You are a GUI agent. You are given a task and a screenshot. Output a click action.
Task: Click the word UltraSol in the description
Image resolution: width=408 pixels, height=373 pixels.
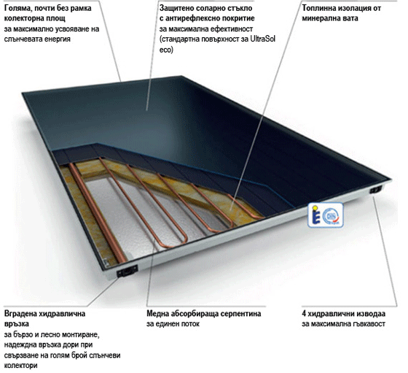click(x=263, y=39)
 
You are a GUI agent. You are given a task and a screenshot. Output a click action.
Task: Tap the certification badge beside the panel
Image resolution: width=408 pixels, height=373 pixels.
click(x=326, y=215)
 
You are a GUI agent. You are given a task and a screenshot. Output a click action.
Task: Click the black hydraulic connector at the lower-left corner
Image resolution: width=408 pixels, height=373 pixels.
click(x=127, y=271)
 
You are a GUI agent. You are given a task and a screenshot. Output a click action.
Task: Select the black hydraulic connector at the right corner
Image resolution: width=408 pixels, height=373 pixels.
click(x=376, y=190)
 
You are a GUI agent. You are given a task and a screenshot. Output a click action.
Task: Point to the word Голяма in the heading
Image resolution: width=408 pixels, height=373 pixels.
click(x=17, y=8)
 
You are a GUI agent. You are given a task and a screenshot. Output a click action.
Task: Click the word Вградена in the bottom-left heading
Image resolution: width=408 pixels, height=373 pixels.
click(x=20, y=314)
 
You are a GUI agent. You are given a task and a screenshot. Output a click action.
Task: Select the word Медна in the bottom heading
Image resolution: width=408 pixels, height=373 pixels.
click(x=157, y=314)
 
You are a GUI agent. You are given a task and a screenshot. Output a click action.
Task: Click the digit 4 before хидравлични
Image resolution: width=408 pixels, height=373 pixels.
click(x=304, y=314)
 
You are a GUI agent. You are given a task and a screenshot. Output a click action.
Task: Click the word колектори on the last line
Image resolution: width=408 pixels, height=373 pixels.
click(x=21, y=366)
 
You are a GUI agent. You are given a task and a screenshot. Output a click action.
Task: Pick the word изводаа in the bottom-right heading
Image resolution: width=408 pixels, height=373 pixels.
click(x=371, y=314)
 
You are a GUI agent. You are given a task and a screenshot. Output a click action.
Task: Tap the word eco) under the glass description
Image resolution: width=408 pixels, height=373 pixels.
click(x=166, y=50)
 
